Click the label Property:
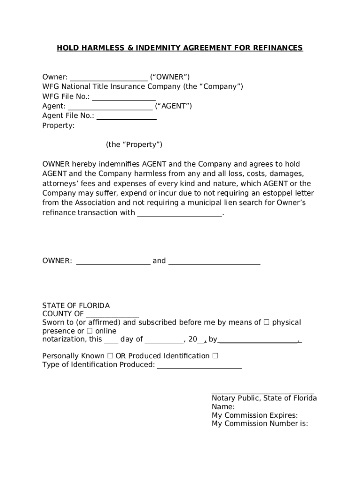point(58,125)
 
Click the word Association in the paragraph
point(100,203)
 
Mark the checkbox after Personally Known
point(110,356)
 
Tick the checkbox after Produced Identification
point(215,356)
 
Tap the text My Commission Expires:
point(255,415)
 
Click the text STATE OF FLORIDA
point(76,305)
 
